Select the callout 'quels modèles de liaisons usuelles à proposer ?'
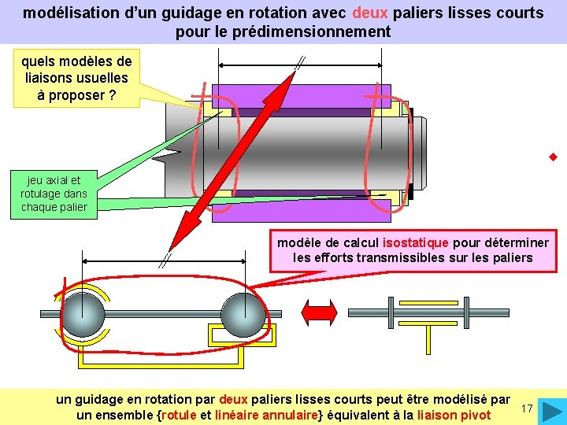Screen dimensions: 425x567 (x=76, y=78)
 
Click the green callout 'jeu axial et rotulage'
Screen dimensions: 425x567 (x=54, y=194)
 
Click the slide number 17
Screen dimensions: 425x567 (x=528, y=408)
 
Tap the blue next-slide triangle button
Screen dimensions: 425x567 (x=553, y=411)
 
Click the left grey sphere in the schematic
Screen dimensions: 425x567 (x=83, y=314)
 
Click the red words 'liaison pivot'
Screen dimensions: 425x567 (x=454, y=415)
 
